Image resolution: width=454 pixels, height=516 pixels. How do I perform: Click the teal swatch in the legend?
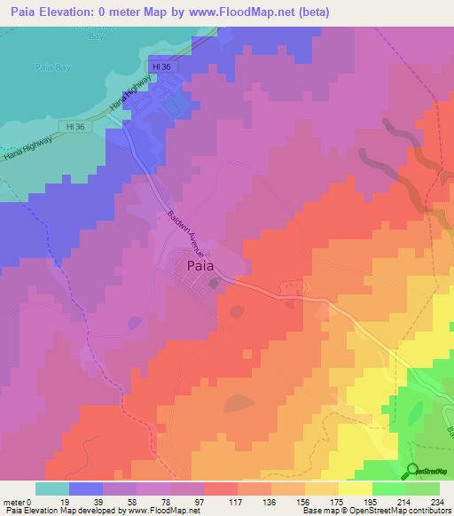[51, 489]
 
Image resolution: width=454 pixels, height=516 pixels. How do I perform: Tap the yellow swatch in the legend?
[355, 489]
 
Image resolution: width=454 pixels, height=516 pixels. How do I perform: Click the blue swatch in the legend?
[86, 489]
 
